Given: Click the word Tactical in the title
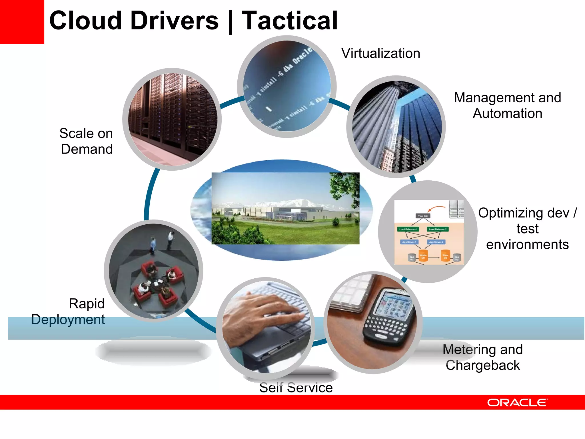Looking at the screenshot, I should coord(289,21).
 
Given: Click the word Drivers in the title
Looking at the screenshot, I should coord(174,21).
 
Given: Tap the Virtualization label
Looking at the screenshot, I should coord(380,53).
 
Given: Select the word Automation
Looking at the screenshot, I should coord(507,113).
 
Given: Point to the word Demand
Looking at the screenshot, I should coord(87,149).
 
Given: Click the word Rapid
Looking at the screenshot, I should coord(87,304).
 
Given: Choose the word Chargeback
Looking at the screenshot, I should coord(483,365).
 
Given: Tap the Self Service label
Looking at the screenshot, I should coord(296,388).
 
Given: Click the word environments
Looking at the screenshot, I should coord(527,245).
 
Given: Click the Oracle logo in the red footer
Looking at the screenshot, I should coord(517,402).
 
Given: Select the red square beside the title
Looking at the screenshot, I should coord(22,22).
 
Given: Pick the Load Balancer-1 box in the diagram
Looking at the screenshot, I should coord(408,229).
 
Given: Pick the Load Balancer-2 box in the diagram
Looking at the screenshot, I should coord(438,229).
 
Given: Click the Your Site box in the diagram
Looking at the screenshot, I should coord(423,216).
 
